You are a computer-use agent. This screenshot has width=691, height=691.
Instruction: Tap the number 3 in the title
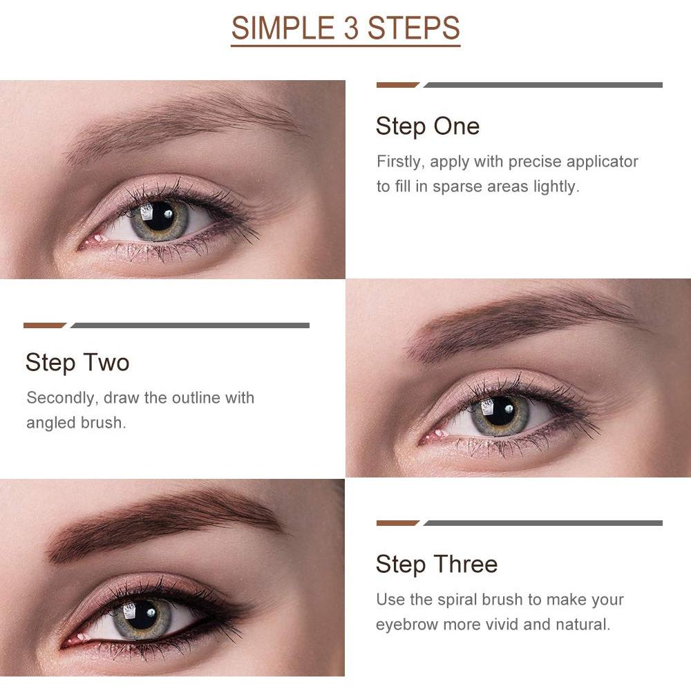click(x=347, y=29)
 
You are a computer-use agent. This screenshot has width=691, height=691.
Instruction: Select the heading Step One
click(x=427, y=126)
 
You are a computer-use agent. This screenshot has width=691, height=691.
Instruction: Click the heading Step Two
click(x=77, y=363)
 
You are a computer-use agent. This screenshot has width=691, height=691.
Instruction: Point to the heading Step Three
click(x=436, y=565)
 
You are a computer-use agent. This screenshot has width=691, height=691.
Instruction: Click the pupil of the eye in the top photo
click(x=160, y=216)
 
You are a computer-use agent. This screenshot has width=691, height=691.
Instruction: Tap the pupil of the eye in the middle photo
click(x=501, y=413)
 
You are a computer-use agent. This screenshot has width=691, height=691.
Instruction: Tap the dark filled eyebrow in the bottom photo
click(x=166, y=522)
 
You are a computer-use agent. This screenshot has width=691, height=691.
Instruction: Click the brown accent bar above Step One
click(x=397, y=86)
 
